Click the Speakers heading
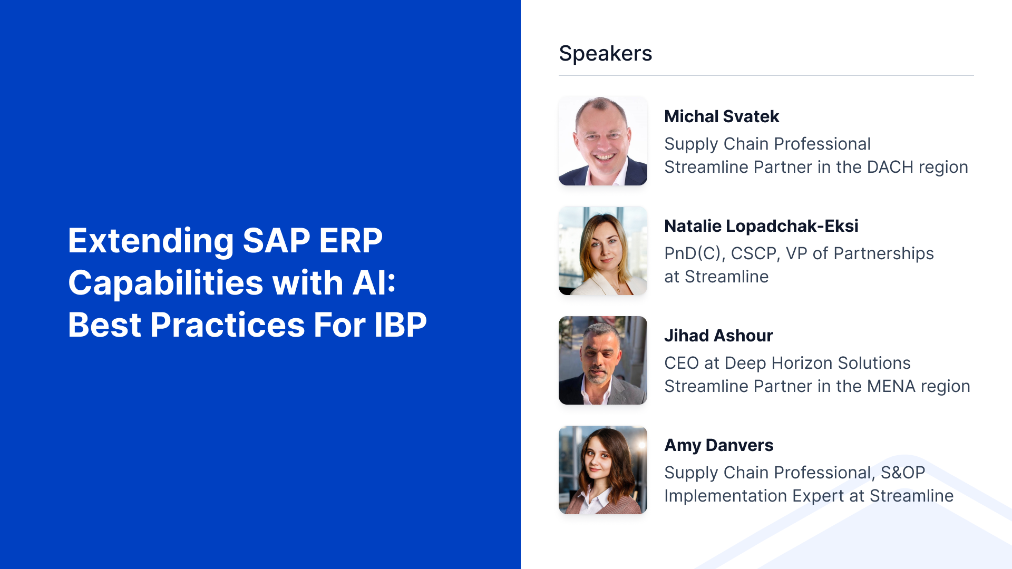pyautogui.click(x=605, y=53)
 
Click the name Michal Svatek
pyautogui.click(x=722, y=116)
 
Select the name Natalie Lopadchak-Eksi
pyautogui.click(x=761, y=226)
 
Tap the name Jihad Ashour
pyautogui.click(x=718, y=336)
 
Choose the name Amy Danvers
pyautogui.click(x=719, y=445)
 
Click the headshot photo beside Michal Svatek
pyautogui.click(x=603, y=141)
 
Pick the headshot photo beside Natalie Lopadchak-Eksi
pyautogui.click(x=603, y=251)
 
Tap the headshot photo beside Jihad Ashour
pyautogui.click(x=603, y=360)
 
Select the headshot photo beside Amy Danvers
pyautogui.click(x=603, y=470)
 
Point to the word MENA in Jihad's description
pyautogui.click(x=891, y=386)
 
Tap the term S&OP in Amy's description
pyautogui.click(x=903, y=473)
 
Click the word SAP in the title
pyautogui.click(x=277, y=241)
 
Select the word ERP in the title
pyautogui.click(x=351, y=241)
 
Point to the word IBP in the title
pyautogui.click(x=401, y=325)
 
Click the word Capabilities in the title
pyautogui.click(x=166, y=283)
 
